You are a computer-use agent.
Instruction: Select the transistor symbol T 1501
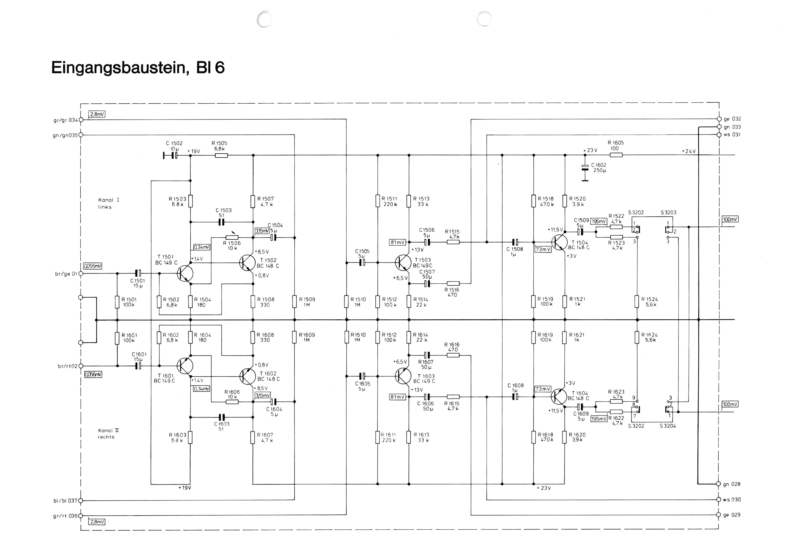click(x=185, y=274)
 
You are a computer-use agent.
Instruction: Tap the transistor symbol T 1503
click(x=403, y=263)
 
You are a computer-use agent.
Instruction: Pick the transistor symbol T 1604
click(x=559, y=397)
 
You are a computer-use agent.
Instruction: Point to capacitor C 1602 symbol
click(x=585, y=168)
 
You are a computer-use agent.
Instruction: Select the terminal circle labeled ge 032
click(x=719, y=119)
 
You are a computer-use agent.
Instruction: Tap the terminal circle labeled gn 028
click(x=718, y=484)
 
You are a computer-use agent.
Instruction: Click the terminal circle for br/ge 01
click(x=81, y=274)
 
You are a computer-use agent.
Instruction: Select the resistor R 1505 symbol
click(x=221, y=155)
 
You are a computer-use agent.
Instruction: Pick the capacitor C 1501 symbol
click(x=138, y=274)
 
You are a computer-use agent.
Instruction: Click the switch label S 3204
click(x=668, y=426)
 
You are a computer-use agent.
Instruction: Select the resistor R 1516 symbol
click(x=453, y=284)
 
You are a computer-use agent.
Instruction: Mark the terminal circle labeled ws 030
click(x=718, y=499)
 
